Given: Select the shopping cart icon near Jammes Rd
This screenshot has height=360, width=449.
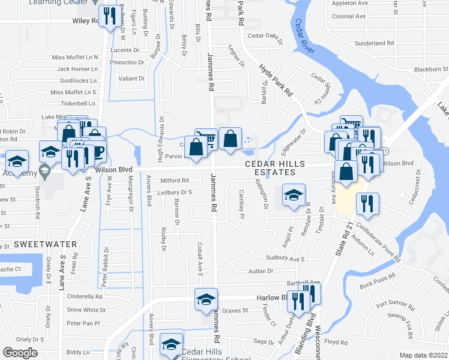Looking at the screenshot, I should point(207,139).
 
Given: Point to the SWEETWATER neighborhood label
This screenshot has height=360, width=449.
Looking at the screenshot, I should point(46,244).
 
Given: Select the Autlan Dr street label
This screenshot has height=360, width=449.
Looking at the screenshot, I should point(261,271).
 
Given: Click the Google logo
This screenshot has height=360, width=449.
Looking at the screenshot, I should point(20,353).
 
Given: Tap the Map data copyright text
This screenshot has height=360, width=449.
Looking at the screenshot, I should point(423,355).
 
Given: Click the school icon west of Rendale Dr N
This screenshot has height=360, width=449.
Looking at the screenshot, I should point(294,195).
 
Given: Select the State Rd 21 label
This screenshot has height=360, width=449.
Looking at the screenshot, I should point(345,240).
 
